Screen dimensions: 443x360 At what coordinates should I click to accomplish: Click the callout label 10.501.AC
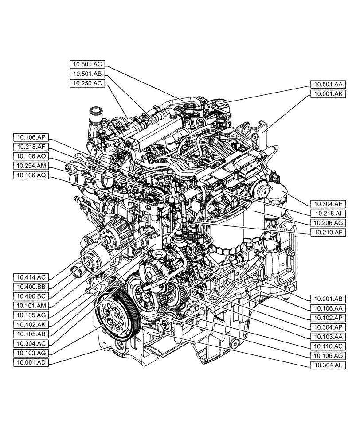click(x=87, y=64)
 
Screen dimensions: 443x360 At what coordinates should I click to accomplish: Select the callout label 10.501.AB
click(x=87, y=74)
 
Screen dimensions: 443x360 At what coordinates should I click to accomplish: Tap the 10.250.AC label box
click(x=87, y=83)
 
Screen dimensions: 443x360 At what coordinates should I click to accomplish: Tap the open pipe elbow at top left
click(x=94, y=113)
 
